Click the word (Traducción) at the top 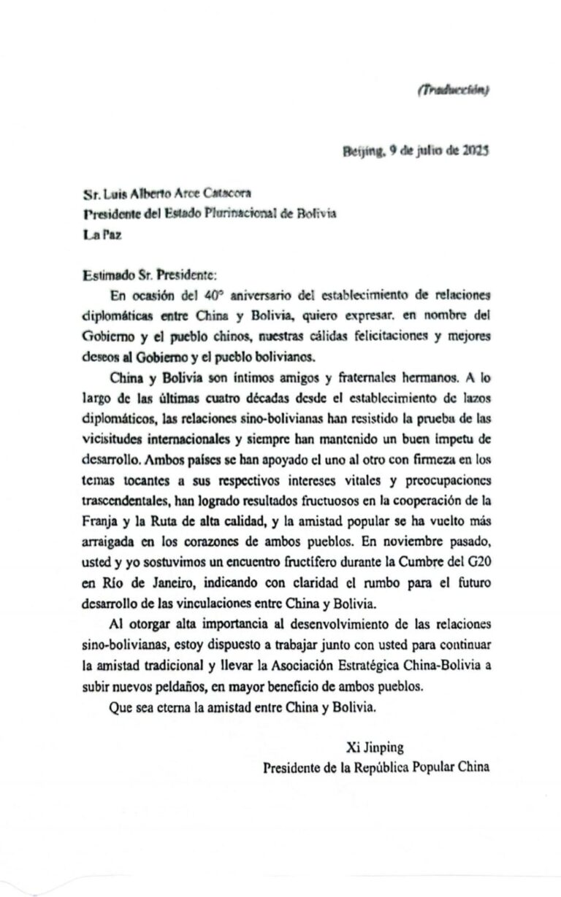[453, 91]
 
